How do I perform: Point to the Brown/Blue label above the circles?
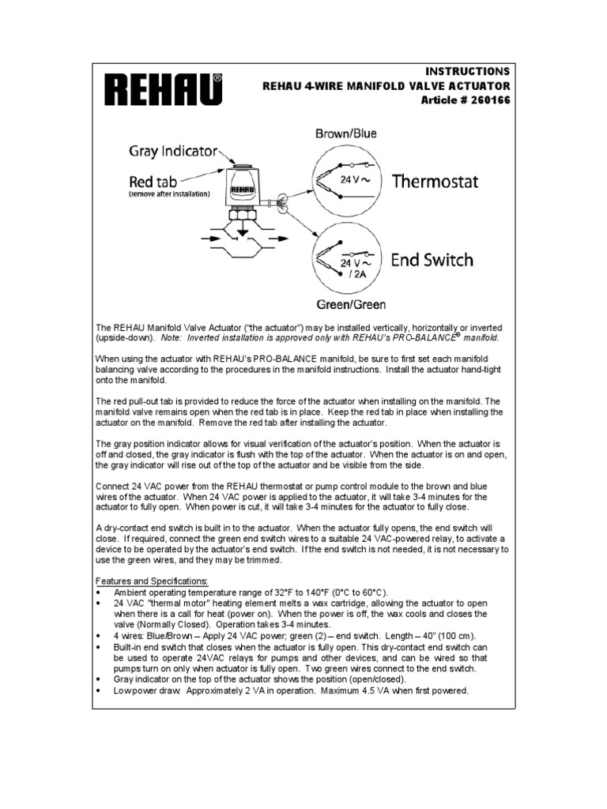[346, 134]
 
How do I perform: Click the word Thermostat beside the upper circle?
[435, 181]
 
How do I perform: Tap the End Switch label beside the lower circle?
[432, 259]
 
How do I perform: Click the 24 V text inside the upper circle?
[349, 179]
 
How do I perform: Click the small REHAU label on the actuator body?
[241, 190]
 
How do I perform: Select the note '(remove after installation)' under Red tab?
[169, 194]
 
